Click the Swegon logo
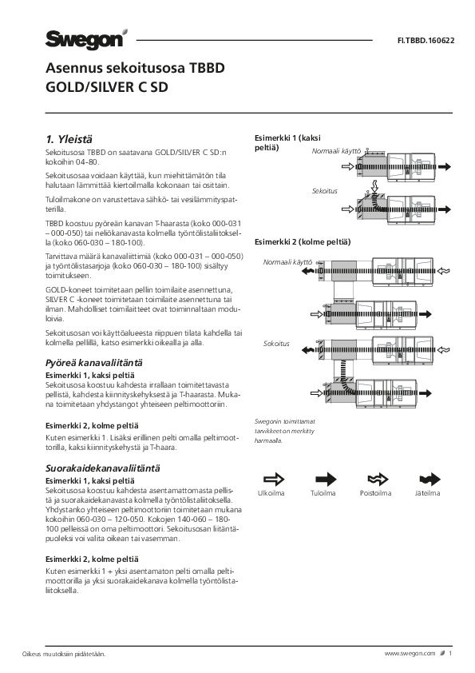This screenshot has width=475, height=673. coord(86,39)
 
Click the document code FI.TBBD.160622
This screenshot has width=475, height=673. coord(426,41)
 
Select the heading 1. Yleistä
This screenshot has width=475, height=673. coord(69,139)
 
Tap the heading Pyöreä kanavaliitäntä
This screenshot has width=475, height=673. coord(94,363)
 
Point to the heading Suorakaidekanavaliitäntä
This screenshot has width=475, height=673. coord(103,468)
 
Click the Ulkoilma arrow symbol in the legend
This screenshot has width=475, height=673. coord(274,479)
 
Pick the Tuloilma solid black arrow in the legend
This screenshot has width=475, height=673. coord(326,479)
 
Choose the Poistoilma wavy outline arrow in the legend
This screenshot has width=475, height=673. coord(378,479)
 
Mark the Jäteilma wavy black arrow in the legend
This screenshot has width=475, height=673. coord(430,479)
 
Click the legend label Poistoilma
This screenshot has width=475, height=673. coord(375,493)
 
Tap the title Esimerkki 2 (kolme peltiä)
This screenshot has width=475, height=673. coord(303,241)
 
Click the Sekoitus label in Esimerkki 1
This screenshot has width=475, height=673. coord(325,191)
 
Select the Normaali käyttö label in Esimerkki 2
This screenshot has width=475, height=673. coord(287,262)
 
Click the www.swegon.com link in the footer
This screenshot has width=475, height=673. coord(410,654)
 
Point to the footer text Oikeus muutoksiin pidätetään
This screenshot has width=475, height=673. coord(64,654)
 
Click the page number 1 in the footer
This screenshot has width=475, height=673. coord(450,654)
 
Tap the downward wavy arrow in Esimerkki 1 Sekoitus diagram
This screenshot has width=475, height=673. coord(375,186)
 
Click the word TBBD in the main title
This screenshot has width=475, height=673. coord(207,68)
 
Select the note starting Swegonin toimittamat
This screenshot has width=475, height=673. coord(285,431)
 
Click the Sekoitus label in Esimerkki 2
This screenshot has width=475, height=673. coord(276,344)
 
